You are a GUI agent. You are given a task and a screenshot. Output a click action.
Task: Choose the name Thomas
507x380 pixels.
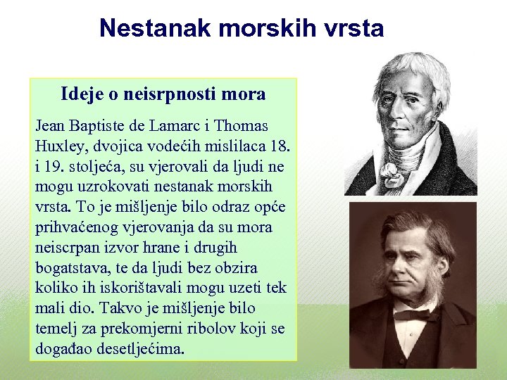pyautogui.click(x=241, y=127)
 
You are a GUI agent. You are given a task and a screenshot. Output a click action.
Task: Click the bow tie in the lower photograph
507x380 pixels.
pyautogui.click(x=412, y=315)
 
